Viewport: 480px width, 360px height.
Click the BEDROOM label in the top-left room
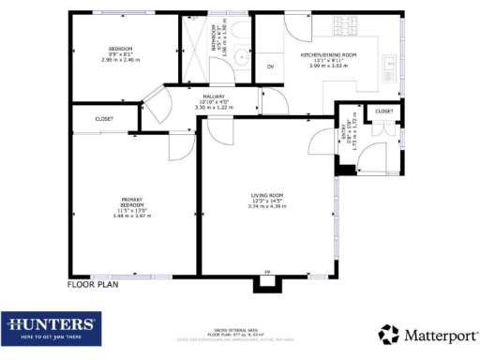click(119, 49)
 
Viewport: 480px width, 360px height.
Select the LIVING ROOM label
click(265, 196)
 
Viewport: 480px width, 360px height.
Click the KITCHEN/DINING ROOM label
click(328, 55)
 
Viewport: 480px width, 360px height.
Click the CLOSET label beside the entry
click(384, 112)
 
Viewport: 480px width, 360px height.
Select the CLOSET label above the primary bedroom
click(104, 119)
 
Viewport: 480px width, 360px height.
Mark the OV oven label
click(270, 67)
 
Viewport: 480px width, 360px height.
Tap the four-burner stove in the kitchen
click(336, 26)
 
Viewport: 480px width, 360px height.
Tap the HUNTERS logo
click(52, 327)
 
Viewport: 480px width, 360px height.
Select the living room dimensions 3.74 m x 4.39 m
click(265, 206)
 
